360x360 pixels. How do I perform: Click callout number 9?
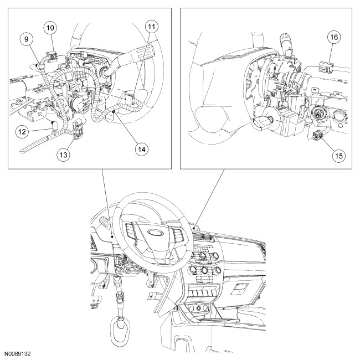pos(26,39)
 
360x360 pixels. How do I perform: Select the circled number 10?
pos(50,28)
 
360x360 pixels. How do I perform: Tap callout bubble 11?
pos(152,27)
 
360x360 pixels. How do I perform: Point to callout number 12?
pos(22,132)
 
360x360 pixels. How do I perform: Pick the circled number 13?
pos(63,155)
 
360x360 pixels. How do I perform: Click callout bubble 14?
pos(142,149)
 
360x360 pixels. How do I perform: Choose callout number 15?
pos(339,156)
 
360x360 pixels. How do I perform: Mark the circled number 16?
pos(334,37)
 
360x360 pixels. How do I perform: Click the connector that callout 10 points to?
pos(52,55)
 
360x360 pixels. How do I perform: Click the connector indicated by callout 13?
pos(78,130)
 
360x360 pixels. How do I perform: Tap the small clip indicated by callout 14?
pos(113,111)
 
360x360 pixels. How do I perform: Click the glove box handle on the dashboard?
pos(239,289)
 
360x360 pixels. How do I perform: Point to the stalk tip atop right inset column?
pos(286,38)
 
